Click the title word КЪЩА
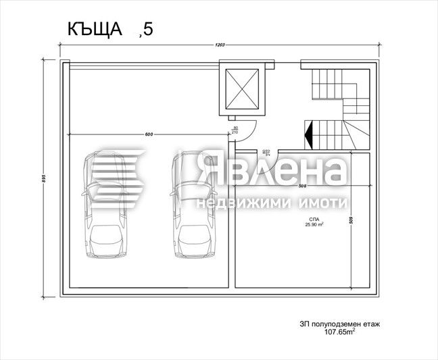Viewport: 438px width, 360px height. tap(94, 29)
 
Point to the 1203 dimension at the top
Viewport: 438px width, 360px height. tap(220, 46)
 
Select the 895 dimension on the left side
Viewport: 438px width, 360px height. tap(43, 178)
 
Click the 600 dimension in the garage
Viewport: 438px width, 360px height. tap(147, 134)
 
